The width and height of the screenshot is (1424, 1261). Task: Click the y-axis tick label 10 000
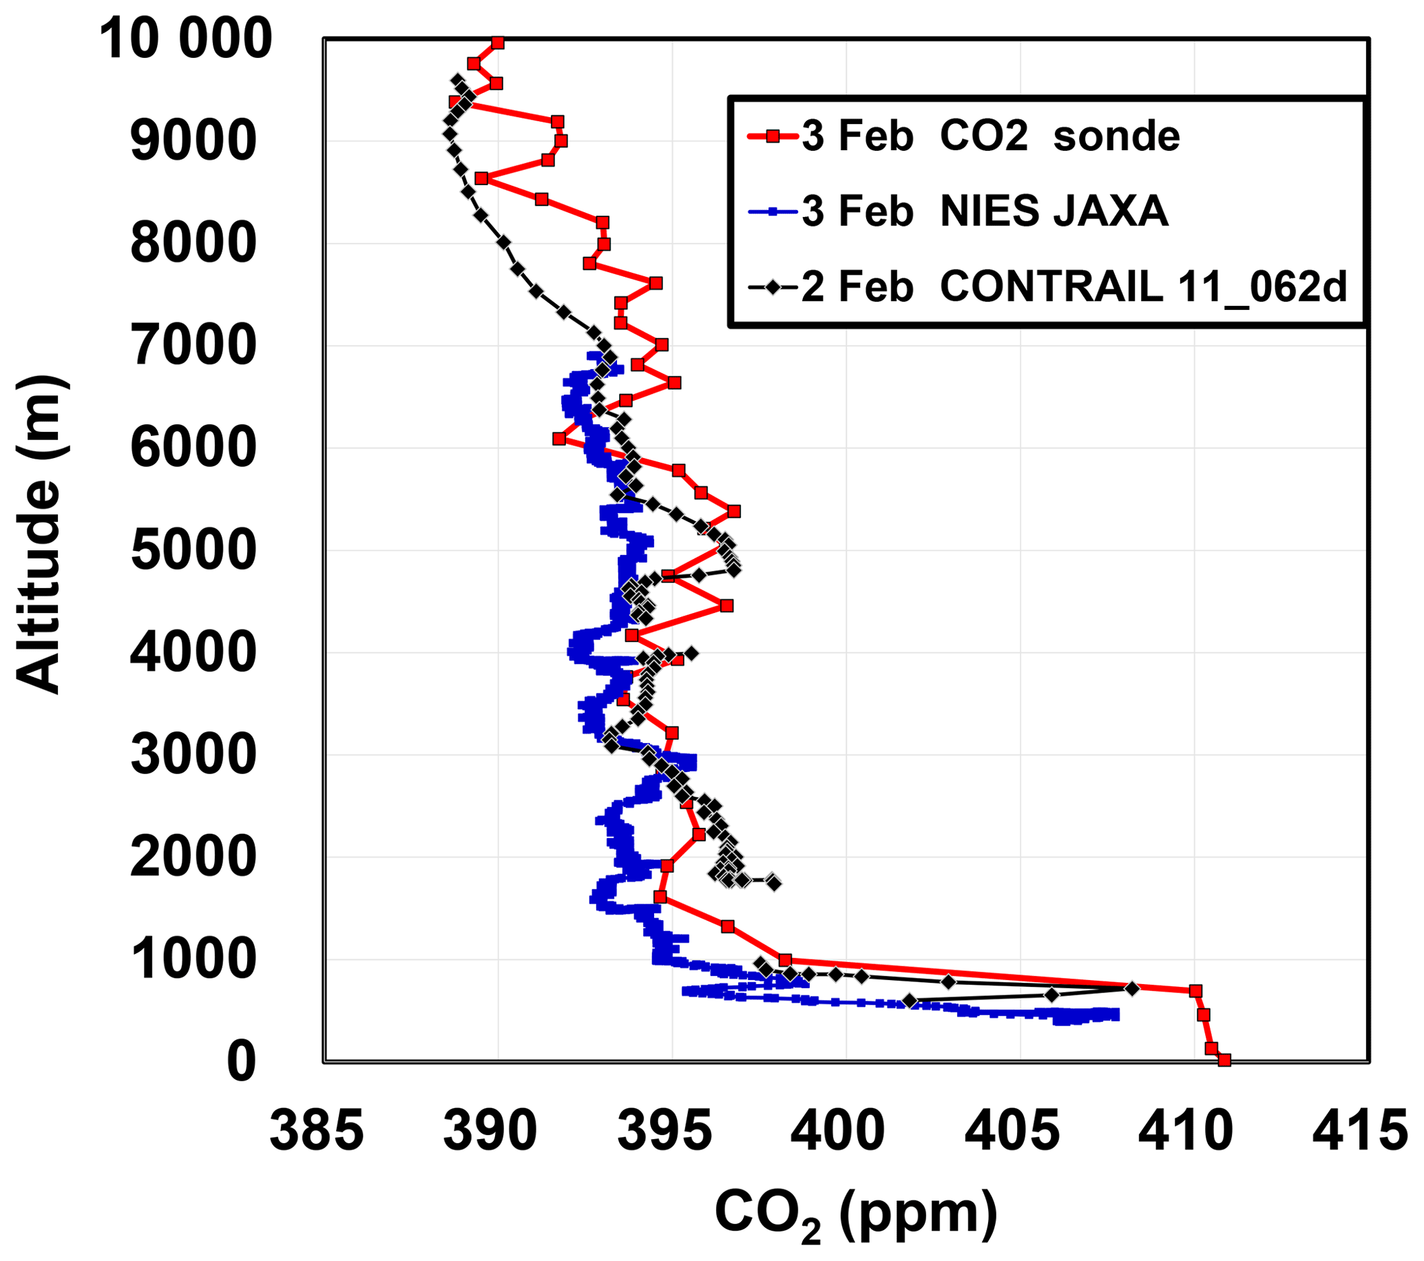click(185, 39)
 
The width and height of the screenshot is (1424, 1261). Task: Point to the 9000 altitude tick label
click(193, 141)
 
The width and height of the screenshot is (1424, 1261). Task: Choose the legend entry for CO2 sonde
click(990, 136)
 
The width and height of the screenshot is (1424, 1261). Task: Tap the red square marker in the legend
click(772, 136)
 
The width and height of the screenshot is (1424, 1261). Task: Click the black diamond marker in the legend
click(772, 286)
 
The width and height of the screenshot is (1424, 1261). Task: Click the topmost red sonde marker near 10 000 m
click(497, 43)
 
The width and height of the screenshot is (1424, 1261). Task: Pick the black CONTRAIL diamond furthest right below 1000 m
click(1132, 988)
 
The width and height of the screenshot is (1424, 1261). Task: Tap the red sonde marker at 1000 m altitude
click(785, 960)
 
